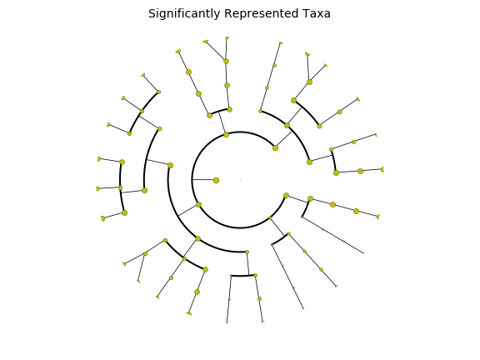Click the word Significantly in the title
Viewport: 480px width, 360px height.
(x=184, y=14)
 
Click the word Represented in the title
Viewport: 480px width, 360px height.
(x=261, y=14)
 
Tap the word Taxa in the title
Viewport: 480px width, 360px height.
(x=317, y=13)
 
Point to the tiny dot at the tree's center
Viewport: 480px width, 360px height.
(x=240, y=180)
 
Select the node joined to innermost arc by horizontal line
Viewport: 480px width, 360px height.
(x=216, y=180)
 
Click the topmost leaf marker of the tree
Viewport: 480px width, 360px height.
(x=227, y=37)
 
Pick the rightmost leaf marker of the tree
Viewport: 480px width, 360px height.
(x=382, y=170)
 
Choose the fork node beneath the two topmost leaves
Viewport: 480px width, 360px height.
(x=226, y=61)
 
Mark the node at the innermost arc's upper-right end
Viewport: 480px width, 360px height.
(x=275, y=147)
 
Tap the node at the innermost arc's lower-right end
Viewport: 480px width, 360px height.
(x=286, y=195)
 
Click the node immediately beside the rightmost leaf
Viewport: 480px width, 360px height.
(x=360, y=171)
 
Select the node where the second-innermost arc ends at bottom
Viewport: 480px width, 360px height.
(x=247, y=252)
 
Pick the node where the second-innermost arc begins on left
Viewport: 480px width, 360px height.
(x=171, y=165)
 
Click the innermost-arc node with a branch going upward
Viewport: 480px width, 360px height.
(x=226, y=134)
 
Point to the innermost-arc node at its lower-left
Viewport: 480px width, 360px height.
(x=198, y=204)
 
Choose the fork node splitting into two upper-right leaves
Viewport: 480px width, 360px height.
(x=309, y=82)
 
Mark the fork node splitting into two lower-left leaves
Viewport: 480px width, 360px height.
(x=145, y=254)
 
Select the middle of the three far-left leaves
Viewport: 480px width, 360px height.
(x=97, y=188)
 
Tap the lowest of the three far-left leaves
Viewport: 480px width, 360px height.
(x=102, y=218)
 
